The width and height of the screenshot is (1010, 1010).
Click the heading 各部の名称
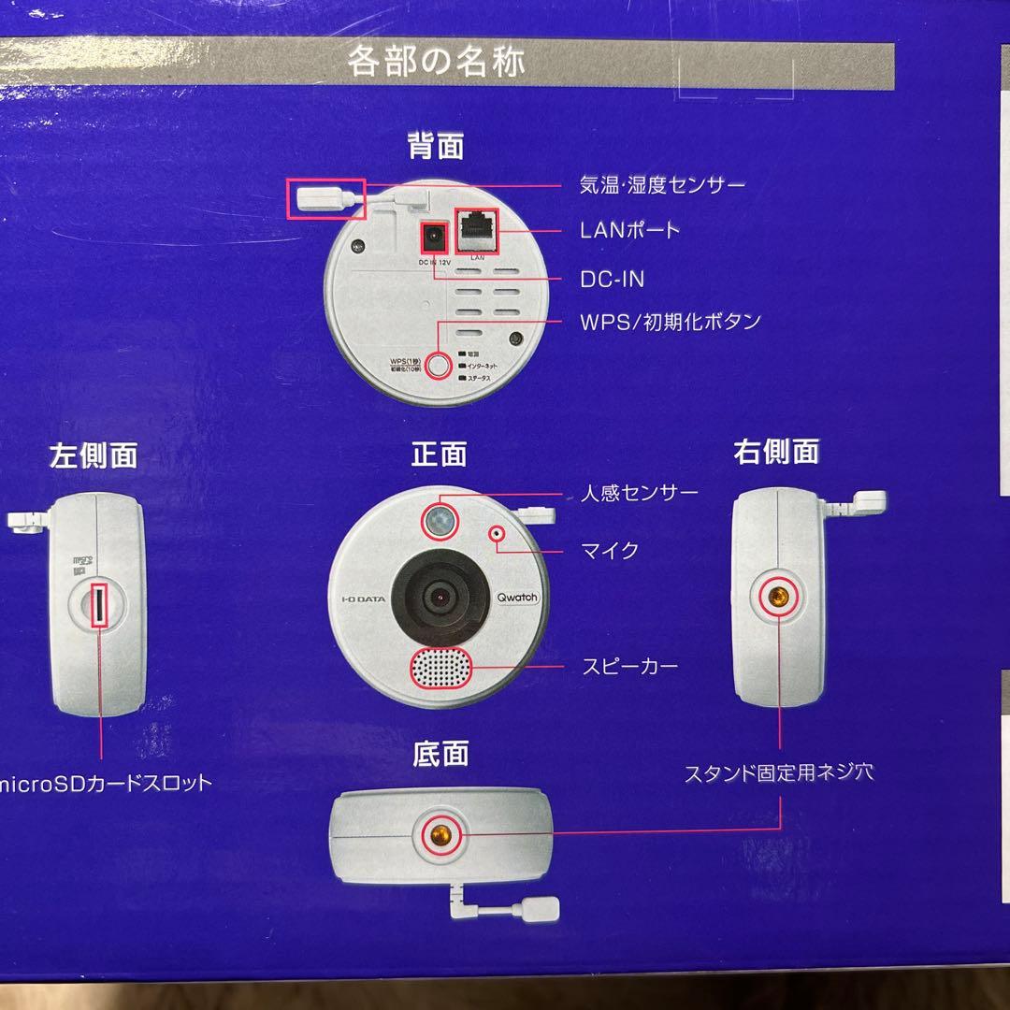click(x=436, y=62)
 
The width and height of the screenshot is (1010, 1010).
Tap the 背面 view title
click(x=436, y=146)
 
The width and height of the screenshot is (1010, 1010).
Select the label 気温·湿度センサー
click(x=662, y=184)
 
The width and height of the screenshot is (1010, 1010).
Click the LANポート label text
click(x=629, y=229)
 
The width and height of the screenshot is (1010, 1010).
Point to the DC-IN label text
click(x=612, y=279)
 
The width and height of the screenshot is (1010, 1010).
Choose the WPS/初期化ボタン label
click(x=670, y=322)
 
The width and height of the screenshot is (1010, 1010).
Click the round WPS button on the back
click(x=439, y=364)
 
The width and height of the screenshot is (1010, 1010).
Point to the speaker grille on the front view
click(x=440, y=668)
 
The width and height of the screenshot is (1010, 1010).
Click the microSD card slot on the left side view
click(x=98, y=609)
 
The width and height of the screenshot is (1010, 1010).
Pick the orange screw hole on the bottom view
click(x=440, y=833)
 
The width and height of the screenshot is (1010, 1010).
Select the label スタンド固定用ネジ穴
click(x=779, y=773)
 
